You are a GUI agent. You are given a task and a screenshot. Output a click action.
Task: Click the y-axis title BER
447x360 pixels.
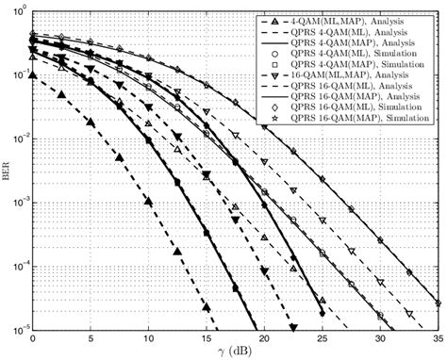(x=8, y=170)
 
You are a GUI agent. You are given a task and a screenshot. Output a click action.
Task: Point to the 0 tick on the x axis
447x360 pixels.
(x=33, y=338)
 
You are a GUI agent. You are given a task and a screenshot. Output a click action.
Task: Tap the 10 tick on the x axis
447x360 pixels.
(x=148, y=338)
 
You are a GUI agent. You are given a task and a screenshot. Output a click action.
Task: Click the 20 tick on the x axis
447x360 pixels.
(x=264, y=338)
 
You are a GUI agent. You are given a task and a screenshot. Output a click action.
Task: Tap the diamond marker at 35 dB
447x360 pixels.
(x=439, y=303)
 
